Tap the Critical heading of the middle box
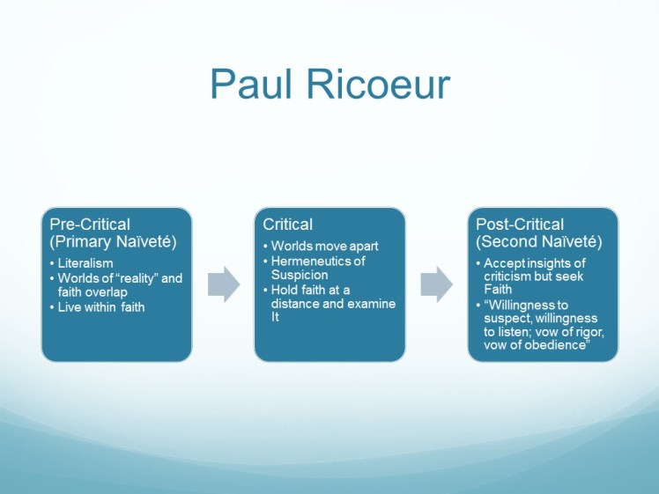[289, 225]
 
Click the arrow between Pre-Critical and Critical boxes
[224, 284]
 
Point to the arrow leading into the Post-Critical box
[436, 284]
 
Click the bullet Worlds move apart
[324, 246]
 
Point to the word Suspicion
[300, 275]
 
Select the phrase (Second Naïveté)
[526, 240]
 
